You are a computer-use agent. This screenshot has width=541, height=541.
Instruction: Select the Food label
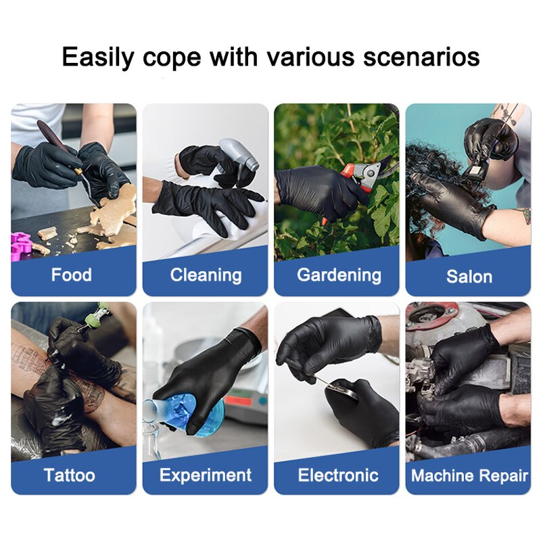pyautogui.click(x=72, y=275)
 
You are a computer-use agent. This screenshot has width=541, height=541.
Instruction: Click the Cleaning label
pyautogui.click(x=206, y=275)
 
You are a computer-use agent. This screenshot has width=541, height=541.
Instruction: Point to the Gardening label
pyautogui.click(x=339, y=275)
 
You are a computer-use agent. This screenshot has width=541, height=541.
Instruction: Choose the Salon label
pyautogui.click(x=469, y=277)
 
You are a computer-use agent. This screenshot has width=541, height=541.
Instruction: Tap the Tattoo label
pyautogui.click(x=70, y=475)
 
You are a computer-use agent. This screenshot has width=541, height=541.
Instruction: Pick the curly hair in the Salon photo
pyautogui.click(x=433, y=203)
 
